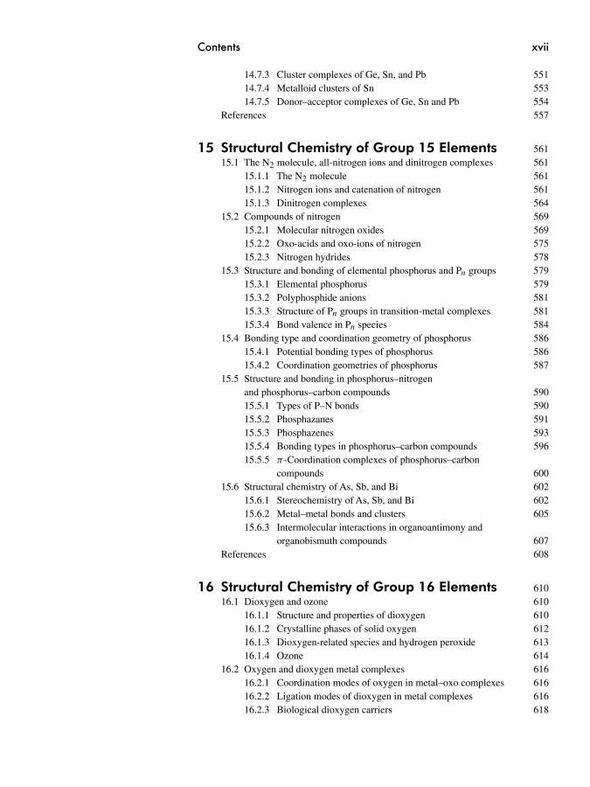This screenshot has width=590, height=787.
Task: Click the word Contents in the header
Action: pyautogui.click(x=219, y=46)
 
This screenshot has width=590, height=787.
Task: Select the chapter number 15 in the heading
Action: pyautogui.click(x=207, y=147)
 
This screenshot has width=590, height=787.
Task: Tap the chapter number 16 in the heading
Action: pyautogui.click(x=207, y=586)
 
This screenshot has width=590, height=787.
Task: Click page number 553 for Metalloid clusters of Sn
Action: pyautogui.click(x=540, y=88)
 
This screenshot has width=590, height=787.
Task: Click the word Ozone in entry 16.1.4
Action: pyautogui.click(x=290, y=656)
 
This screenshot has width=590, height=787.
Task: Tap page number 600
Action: pyautogui.click(x=540, y=473)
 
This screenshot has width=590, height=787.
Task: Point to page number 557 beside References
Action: pyautogui.click(x=540, y=115)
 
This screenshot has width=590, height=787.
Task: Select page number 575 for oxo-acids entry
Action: pyautogui.click(x=540, y=243)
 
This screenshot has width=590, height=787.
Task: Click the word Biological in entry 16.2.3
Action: pyautogui.click(x=299, y=710)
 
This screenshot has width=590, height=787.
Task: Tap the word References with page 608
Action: pyautogui.click(x=244, y=554)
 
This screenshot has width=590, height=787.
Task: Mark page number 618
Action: pyautogui.click(x=540, y=710)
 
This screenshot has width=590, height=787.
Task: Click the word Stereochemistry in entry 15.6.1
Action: pyautogui.click(x=314, y=500)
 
